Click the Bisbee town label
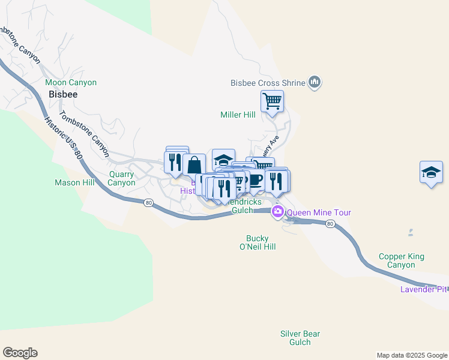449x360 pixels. click(x=63, y=94)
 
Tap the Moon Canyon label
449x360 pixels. click(x=71, y=82)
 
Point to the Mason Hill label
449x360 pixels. click(x=75, y=182)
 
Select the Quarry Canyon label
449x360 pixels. click(x=121, y=179)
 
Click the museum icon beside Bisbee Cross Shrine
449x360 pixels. click(x=315, y=82)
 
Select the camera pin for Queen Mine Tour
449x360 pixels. click(x=278, y=212)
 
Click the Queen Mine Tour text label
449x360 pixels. click(x=319, y=212)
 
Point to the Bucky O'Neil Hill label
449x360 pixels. click(x=257, y=242)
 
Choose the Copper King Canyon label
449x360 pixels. click(x=401, y=260)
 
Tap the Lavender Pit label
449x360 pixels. click(x=424, y=290)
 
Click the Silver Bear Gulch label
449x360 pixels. click(x=300, y=338)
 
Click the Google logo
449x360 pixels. click(x=20, y=353)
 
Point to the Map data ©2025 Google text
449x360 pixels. click(x=412, y=355)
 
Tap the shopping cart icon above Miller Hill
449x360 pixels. click(x=272, y=101)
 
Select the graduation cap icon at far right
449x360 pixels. click(x=431, y=172)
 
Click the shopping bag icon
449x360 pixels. click(x=194, y=164)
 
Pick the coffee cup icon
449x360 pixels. click(x=256, y=180)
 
